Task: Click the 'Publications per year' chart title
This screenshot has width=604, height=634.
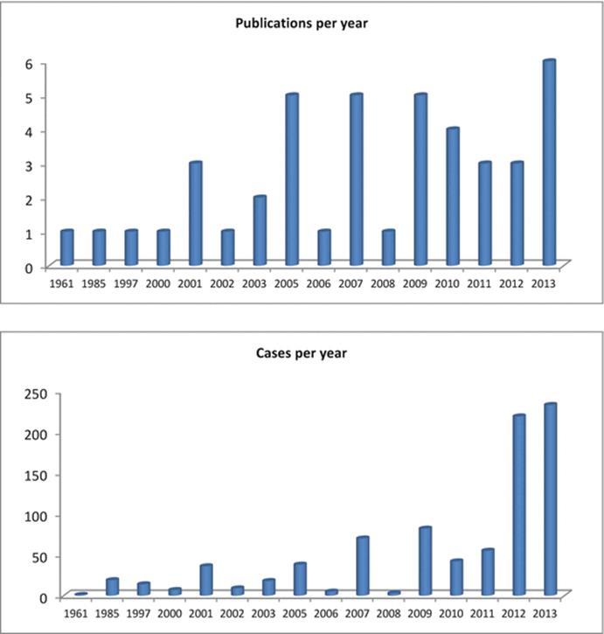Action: (302, 23)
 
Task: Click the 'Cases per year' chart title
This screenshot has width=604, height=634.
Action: (302, 353)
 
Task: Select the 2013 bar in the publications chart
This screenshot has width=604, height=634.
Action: (550, 163)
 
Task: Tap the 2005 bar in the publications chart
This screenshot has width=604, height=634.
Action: (292, 179)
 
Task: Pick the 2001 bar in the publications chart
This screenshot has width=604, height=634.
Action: (196, 213)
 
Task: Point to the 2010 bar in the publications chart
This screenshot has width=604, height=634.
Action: (453, 197)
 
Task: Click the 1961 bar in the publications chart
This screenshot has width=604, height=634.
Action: (67, 247)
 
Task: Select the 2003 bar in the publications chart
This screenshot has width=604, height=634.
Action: (260, 231)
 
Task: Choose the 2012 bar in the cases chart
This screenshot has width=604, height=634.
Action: (519, 505)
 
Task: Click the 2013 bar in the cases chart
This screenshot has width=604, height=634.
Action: (550, 499)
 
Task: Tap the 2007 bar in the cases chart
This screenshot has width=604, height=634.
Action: (363, 566)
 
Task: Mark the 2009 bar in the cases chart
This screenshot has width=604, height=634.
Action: (426, 561)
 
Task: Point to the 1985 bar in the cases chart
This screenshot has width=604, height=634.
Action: (112, 587)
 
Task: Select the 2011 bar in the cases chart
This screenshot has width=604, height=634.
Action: (488, 572)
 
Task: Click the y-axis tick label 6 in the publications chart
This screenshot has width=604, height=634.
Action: (29, 64)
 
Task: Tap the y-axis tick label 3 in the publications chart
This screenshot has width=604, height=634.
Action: (29, 166)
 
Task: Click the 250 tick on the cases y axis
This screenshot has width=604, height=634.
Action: (36, 394)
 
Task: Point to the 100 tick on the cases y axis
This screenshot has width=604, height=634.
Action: (36, 516)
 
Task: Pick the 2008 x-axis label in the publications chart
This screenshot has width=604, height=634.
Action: (383, 283)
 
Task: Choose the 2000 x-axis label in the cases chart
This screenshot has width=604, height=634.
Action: (170, 613)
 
